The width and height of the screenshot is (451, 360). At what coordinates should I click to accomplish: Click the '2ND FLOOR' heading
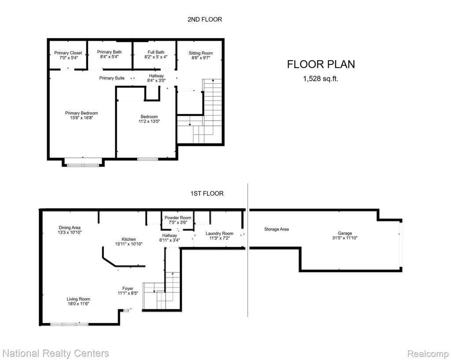click(x=205, y=19)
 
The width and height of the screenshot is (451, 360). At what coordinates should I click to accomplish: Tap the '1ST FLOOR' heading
click(x=207, y=194)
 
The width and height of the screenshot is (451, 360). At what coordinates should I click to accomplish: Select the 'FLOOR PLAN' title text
click(x=321, y=64)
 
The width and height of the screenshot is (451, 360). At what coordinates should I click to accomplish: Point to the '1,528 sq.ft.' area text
click(x=321, y=79)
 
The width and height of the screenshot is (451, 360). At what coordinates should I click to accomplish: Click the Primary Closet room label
click(x=68, y=53)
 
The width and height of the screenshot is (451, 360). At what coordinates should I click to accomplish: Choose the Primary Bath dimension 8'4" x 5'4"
click(x=109, y=57)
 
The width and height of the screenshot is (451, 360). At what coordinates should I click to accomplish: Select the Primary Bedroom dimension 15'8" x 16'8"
click(x=81, y=118)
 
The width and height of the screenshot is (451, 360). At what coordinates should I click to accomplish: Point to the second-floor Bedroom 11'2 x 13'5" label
click(x=149, y=119)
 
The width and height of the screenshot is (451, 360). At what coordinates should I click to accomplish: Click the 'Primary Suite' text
click(x=112, y=78)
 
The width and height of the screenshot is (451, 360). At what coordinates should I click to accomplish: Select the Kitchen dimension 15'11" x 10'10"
click(x=129, y=244)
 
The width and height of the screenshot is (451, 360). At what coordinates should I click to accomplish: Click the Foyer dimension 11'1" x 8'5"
click(x=128, y=294)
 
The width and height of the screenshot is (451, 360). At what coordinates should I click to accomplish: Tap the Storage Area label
click(x=277, y=229)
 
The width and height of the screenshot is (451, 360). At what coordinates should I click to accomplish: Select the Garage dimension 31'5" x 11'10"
click(x=345, y=238)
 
